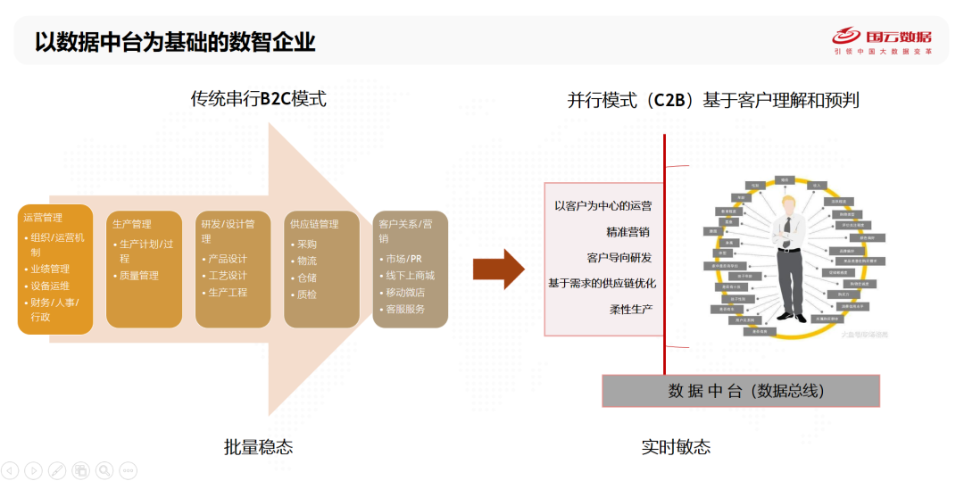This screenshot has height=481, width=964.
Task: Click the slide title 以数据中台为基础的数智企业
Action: tap(175, 41)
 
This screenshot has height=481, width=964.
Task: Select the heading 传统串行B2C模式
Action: tap(258, 99)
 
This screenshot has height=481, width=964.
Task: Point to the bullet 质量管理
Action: tap(139, 276)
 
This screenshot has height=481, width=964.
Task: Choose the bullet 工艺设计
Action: tap(227, 276)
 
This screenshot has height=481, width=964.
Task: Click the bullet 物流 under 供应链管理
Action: tap(307, 261)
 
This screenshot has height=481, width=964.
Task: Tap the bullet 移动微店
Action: tap(405, 293)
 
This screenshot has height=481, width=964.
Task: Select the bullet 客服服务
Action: tap(405, 310)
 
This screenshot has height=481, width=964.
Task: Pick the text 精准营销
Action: tap(627, 231)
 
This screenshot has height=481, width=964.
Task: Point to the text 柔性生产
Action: tap(631, 309)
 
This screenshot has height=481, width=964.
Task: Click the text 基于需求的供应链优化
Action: tap(602, 283)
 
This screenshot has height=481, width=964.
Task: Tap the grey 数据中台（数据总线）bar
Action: tap(741, 391)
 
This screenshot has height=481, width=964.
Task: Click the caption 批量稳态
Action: tap(258, 447)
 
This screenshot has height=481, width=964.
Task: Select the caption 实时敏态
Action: tap(676, 447)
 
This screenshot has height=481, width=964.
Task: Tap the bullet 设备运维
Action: tap(50, 286)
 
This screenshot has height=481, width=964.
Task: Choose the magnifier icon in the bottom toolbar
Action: tap(104, 469)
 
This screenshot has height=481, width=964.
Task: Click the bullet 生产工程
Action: tap(227, 293)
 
